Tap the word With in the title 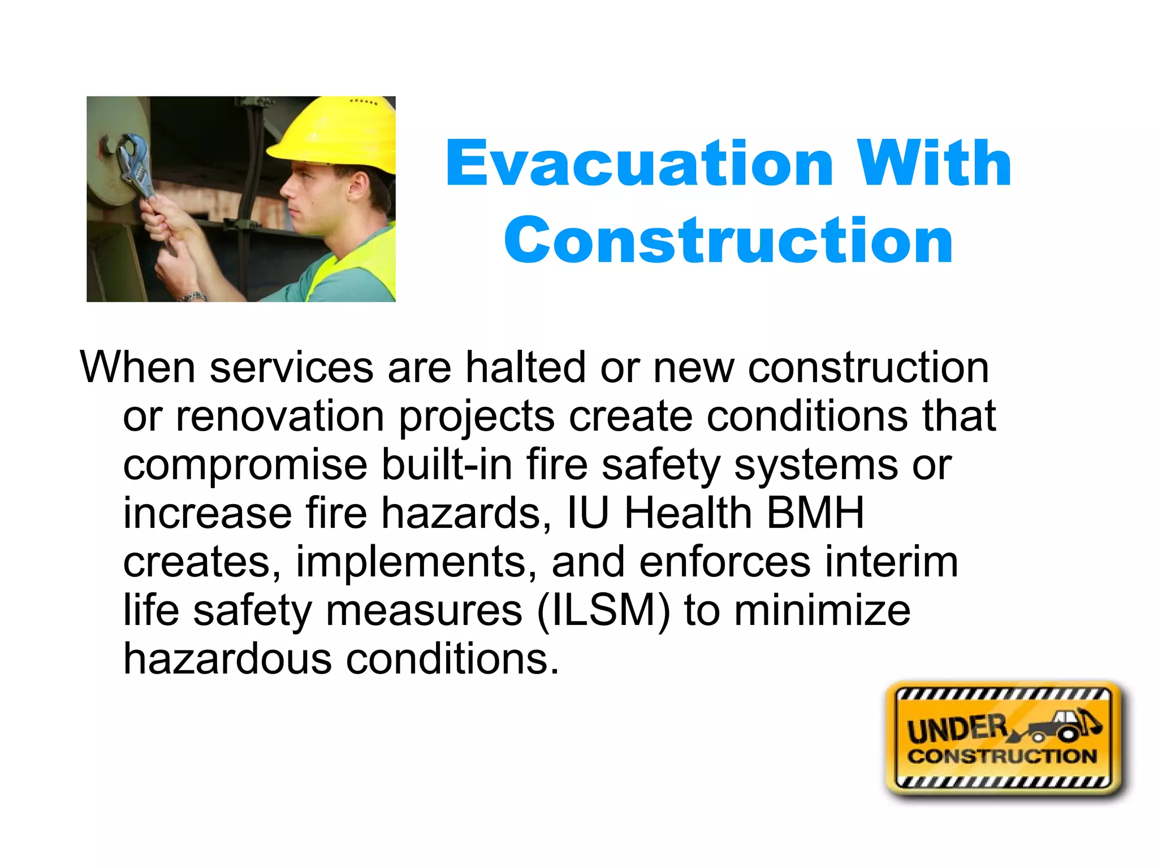click(x=933, y=164)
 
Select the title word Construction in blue click(x=728, y=241)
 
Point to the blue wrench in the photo click(x=136, y=164)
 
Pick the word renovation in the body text click(x=280, y=416)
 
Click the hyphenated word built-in click(x=447, y=465)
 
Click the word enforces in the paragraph click(x=725, y=562)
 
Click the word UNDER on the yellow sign click(x=957, y=729)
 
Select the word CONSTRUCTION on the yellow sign click(x=1002, y=756)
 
